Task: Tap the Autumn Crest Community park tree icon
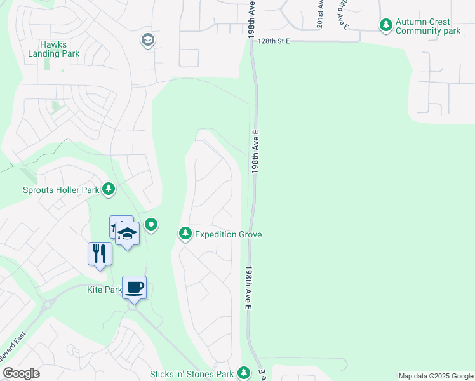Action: coord(385,25)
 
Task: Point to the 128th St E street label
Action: coord(274,41)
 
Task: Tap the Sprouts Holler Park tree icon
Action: coord(109,189)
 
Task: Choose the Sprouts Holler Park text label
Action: coord(61,190)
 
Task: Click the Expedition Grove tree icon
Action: coord(185,234)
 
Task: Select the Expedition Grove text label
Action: coord(228,235)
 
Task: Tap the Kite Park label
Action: coord(104,290)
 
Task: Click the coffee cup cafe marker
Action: coord(134,288)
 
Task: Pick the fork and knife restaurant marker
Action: coord(100,254)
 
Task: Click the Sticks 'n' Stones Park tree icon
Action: coord(243,373)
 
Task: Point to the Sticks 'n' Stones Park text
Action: coord(192,375)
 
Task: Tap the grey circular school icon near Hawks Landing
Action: coord(148,41)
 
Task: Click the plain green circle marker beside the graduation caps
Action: coord(151,224)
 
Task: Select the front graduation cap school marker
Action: coord(127,234)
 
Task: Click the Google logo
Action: coord(21,373)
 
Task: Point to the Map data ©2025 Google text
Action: coord(436,376)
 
